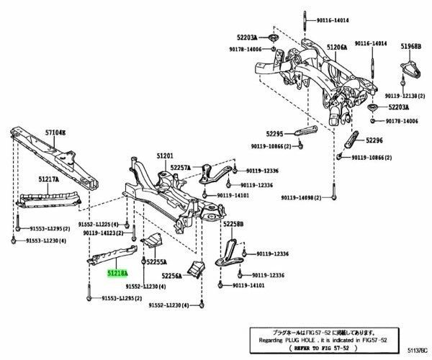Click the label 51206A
click(x=336, y=47)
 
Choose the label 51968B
click(x=410, y=47)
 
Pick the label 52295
click(x=274, y=133)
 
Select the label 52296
click(x=375, y=141)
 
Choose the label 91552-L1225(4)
click(x=103, y=225)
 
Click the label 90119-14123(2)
click(x=106, y=233)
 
